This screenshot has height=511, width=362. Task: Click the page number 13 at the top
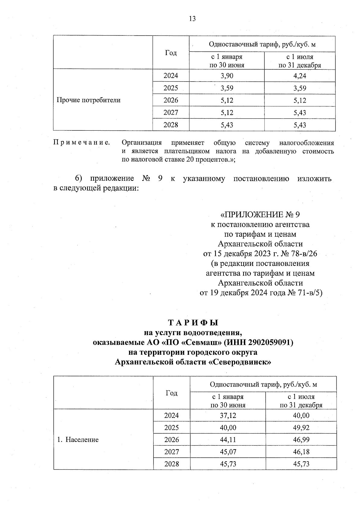click(192, 19)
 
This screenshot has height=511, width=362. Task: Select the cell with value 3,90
click(227, 76)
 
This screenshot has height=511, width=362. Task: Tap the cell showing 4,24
click(300, 76)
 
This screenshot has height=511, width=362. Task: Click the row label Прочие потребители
click(89, 100)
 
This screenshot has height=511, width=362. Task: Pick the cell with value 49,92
click(301, 428)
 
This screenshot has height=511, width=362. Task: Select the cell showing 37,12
click(228, 416)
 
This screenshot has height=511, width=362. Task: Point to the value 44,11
click(228, 440)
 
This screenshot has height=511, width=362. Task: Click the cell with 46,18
click(301, 452)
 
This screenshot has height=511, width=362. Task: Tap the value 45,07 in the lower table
click(228, 452)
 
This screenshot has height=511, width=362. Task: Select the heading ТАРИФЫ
click(193, 323)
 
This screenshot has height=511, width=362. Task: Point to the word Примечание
click(81, 142)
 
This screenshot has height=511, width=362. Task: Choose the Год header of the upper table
click(171, 53)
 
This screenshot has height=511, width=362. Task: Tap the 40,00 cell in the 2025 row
click(228, 428)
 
